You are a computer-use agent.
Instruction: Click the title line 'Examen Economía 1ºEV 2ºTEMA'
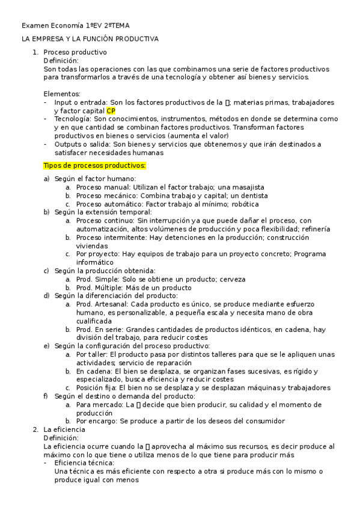75,25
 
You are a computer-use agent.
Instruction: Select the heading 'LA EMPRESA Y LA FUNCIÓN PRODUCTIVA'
90,39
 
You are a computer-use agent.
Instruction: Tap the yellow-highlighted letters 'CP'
111,111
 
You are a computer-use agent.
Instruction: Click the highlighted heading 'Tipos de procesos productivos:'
95,165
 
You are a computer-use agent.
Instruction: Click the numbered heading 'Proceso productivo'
75,52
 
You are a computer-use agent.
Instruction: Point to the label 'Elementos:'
62,94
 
